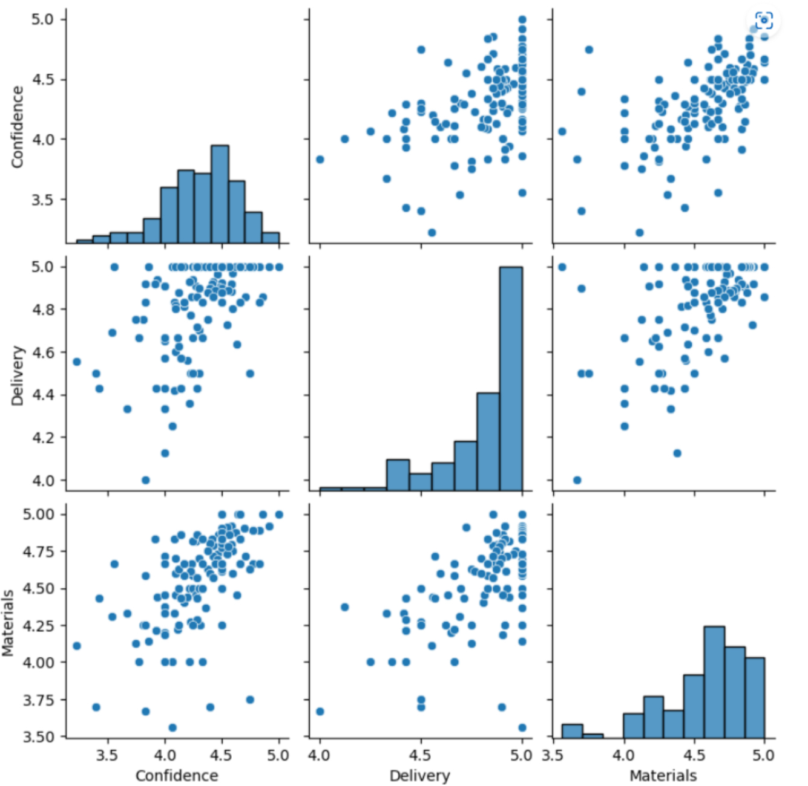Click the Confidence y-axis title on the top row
(x=17, y=127)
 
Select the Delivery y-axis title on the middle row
(x=17, y=375)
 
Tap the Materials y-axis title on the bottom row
(x=8, y=623)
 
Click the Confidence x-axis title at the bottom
(x=177, y=776)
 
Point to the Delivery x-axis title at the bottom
(x=419, y=776)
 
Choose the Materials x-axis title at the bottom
(x=663, y=776)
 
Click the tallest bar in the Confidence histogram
(x=220, y=193)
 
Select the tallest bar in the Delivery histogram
(x=511, y=378)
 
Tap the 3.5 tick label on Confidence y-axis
(x=42, y=200)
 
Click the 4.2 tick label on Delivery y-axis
(x=42, y=438)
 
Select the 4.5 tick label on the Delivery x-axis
(x=420, y=755)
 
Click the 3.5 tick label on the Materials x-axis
(x=553, y=755)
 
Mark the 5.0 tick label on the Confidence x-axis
(x=278, y=755)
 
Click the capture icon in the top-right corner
(x=764, y=21)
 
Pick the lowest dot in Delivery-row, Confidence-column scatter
(x=145, y=480)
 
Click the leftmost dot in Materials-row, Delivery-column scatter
(x=320, y=711)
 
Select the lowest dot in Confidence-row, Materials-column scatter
(x=639, y=232)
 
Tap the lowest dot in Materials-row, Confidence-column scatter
(x=172, y=727)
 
